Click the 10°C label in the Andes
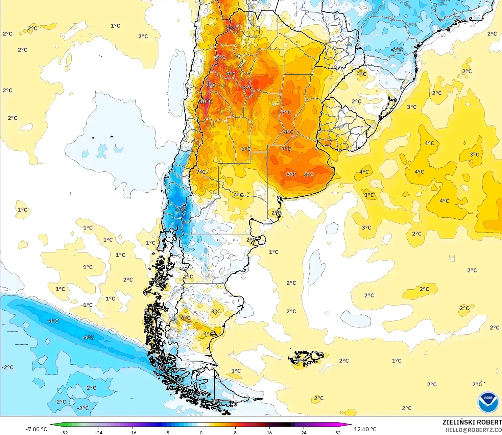coord(206,101)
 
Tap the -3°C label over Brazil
coord(397,50)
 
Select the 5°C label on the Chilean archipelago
coord(150,315)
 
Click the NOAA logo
coord(488,402)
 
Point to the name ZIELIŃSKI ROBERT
coord(472,422)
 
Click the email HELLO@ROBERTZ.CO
coord(473,430)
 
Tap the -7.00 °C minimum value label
coord(36,429)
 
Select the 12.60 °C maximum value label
coord(365,429)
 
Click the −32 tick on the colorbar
coord(64,432)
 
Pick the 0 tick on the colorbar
coord(201,432)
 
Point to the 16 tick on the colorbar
coord(269,432)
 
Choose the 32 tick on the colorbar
coord(338,432)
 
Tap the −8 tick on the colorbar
coord(167,432)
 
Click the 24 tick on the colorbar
coord(304,432)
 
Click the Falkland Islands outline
coord(306,358)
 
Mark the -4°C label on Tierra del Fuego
coord(217,402)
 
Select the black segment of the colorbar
coord(287,425)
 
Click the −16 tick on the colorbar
coord(132,432)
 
